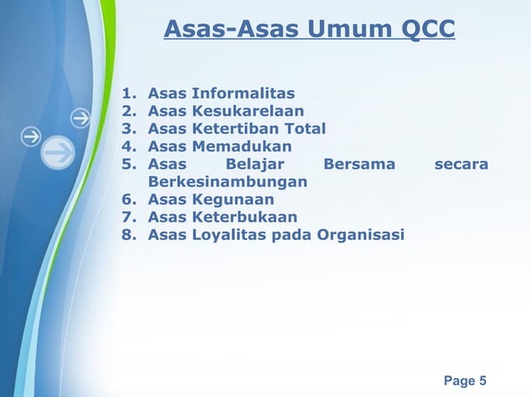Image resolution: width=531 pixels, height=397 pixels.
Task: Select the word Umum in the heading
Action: point(351,31)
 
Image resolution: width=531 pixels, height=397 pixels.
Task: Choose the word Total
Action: point(303,129)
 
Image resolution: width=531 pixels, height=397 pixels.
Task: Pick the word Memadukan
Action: point(242,146)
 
